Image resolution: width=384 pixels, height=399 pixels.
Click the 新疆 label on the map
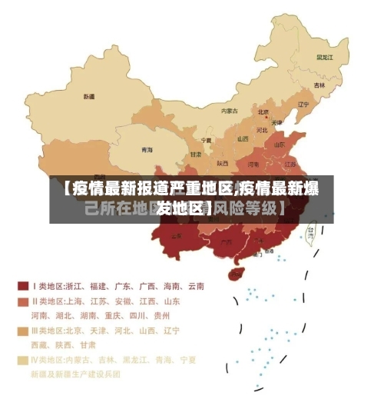(89, 97)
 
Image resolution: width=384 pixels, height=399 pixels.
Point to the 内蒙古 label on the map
(230, 111)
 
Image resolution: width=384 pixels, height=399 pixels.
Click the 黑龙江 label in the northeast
(325, 57)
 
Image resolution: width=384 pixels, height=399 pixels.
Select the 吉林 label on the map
(319, 85)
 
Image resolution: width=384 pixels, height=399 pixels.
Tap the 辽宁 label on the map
(303, 105)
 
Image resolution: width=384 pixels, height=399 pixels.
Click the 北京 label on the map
(263, 112)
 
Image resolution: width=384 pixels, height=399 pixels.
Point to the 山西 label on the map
(243, 139)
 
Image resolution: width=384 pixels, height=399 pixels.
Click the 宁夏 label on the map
(206, 141)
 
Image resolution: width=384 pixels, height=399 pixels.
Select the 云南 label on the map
(177, 235)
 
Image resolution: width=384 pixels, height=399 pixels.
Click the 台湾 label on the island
(311, 229)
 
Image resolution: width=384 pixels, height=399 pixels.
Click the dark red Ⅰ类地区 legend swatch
(23, 286)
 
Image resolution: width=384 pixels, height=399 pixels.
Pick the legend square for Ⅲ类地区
(23, 331)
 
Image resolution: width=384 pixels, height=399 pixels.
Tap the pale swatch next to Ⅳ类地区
(23, 360)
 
